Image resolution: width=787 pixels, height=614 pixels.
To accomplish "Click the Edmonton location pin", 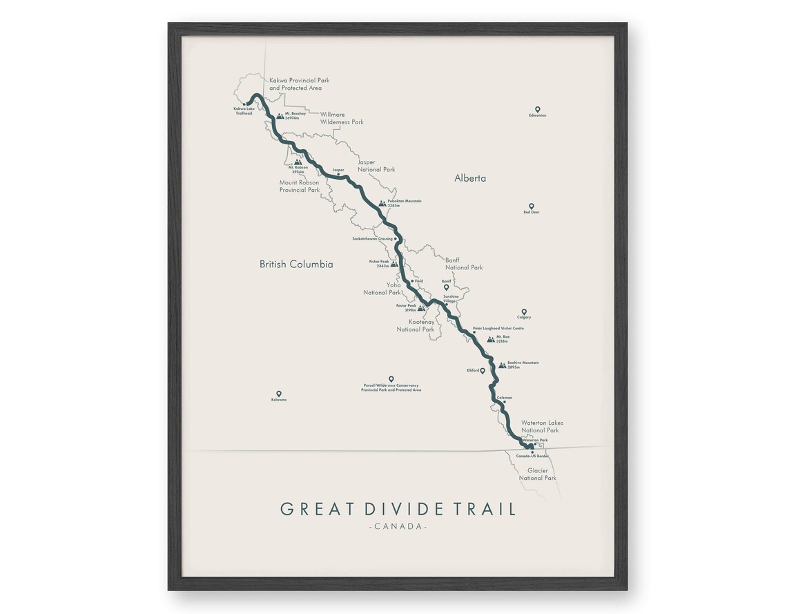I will (x=537, y=109).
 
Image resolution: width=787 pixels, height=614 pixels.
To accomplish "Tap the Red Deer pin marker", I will (x=531, y=206).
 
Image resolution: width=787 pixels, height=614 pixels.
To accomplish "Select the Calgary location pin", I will (x=524, y=311).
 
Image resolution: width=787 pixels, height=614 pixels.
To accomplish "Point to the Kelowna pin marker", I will (x=279, y=394).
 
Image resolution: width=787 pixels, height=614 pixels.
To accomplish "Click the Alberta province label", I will (x=470, y=178).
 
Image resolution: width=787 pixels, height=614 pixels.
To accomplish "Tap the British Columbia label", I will (x=296, y=264).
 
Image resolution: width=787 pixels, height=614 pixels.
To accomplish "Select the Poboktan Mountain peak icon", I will (x=382, y=203).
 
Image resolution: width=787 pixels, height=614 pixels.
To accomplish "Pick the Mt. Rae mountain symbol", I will (x=490, y=339).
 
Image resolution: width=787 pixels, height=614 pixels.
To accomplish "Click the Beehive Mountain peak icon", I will (x=502, y=365).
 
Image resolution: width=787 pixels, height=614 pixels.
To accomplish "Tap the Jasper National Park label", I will (x=376, y=166).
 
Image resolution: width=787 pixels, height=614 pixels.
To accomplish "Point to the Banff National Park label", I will (x=464, y=264).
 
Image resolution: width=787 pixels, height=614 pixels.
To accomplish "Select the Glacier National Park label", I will (x=537, y=474).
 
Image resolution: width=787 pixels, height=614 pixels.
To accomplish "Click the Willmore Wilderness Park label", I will (x=341, y=118).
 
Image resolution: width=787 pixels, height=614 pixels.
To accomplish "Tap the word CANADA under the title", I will (x=398, y=527).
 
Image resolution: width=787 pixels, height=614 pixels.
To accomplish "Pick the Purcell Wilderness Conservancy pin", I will (x=391, y=378).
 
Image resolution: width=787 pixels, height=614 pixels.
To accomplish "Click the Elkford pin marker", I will (x=483, y=370).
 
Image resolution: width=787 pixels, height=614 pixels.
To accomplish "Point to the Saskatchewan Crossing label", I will (x=372, y=238).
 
